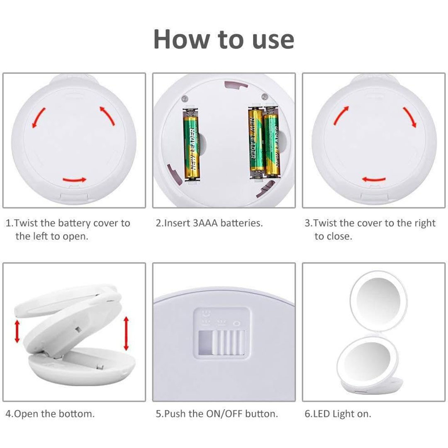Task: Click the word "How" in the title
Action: (181, 39)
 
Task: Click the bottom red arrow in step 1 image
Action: (74, 180)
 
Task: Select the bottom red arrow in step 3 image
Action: (374, 179)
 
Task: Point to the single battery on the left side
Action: (191, 145)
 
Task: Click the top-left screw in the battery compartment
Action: (185, 99)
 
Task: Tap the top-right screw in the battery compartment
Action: (265, 96)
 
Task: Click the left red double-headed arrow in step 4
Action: (17, 331)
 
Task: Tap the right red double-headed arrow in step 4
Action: (126, 334)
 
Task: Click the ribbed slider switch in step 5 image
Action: (228, 343)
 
